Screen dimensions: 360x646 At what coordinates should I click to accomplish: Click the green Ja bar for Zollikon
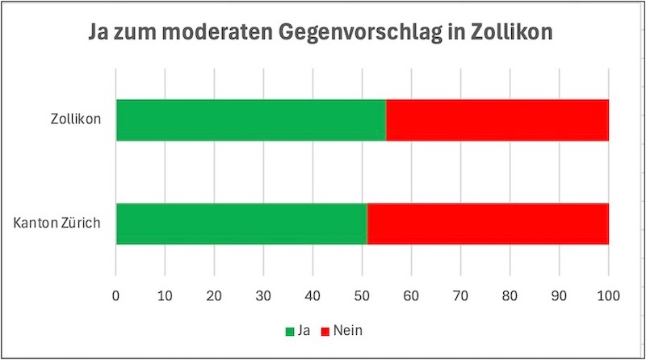pyautogui.click(x=251, y=119)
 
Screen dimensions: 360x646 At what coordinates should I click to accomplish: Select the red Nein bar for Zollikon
pyautogui.click(x=497, y=119)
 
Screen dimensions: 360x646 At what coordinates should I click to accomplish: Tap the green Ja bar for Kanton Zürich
pyautogui.click(x=241, y=224)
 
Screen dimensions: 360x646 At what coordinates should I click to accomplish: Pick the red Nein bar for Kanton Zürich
pyautogui.click(x=488, y=224)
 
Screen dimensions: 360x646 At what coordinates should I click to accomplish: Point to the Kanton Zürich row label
pyautogui.click(x=57, y=224)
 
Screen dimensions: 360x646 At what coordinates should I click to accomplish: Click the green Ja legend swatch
pyautogui.click(x=290, y=331)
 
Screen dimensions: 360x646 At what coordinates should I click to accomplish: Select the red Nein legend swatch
pyautogui.click(x=326, y=331)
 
